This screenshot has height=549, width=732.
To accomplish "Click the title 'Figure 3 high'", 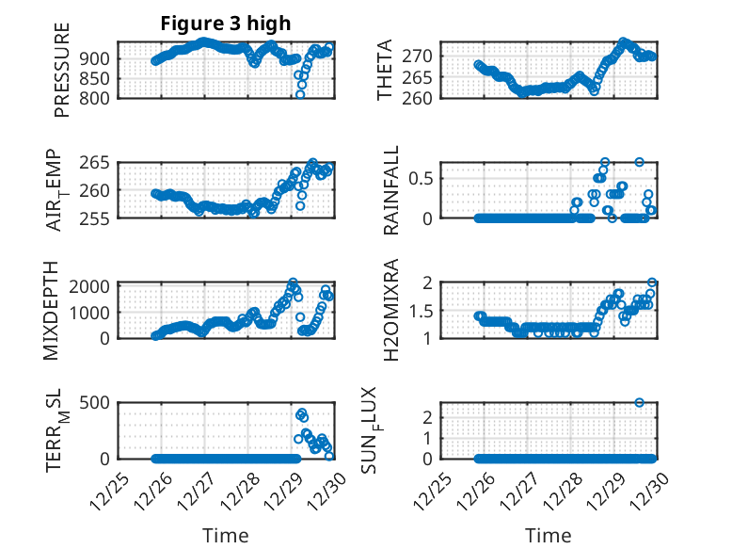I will point(226,23).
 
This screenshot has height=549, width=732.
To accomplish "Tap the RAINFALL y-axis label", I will point(391,190).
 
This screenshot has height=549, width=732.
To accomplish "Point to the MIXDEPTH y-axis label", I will point(52,310).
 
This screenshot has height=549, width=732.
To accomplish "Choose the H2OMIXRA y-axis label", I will point(391,310).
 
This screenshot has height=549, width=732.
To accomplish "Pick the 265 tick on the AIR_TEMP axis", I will point(98,162).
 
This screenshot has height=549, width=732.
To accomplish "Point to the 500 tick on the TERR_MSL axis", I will point(98,403).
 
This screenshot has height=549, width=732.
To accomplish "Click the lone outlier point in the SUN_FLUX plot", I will point(640,402).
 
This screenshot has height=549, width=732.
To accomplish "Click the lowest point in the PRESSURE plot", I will point(300,94).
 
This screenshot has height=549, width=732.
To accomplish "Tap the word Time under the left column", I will point(226,536).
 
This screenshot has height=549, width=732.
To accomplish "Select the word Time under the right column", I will point(548,536).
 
